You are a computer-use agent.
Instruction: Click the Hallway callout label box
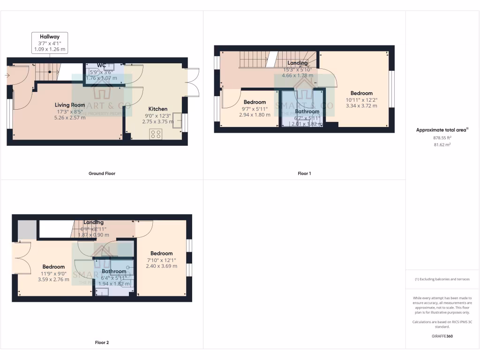50,42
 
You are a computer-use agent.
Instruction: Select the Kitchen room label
157,109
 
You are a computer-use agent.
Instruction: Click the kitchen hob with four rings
156,134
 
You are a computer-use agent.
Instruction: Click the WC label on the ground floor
101,65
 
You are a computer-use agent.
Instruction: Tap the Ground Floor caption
102,173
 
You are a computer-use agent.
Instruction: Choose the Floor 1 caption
304,173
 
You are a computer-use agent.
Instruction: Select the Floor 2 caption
102,343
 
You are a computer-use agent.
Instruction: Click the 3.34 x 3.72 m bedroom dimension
361,106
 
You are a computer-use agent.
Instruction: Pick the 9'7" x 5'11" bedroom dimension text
255,108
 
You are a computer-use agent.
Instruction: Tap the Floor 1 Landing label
297,63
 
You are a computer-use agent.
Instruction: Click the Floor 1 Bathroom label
307,112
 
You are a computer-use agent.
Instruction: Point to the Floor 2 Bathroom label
114,271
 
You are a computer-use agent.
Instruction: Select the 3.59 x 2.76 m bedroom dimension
53,279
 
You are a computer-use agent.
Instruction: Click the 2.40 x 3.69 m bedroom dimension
161,266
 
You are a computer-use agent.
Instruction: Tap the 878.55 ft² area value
442,138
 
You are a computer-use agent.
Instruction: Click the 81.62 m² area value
442,145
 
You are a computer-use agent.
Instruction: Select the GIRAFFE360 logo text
442,336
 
